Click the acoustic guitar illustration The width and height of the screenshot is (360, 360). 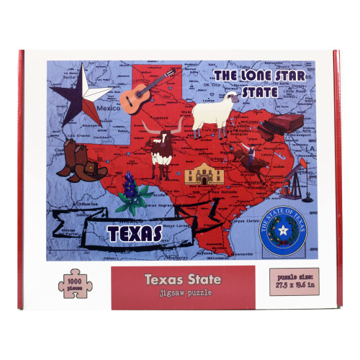coord(139,94)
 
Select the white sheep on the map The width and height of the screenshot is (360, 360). coord(214,113)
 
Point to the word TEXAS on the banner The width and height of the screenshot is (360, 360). coord(135,233)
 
